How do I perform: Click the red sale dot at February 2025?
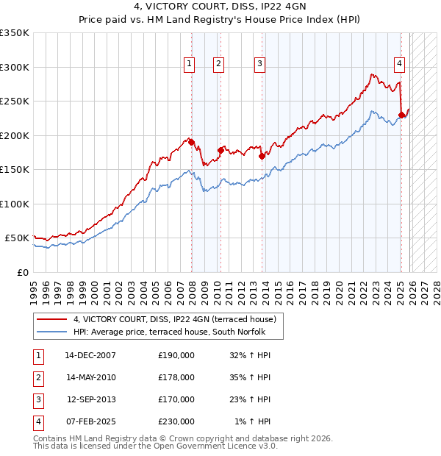click(x=401, y=115)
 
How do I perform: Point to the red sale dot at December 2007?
click(x=191, y=142)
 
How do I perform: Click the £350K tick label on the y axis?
click(x=15, y=33)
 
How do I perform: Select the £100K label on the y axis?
click(x=15, y=204)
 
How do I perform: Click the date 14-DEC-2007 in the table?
click(x=90, y=355)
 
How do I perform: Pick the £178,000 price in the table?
click(x=176, y=377)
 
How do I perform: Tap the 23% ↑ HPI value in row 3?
click(x=251, y=399)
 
